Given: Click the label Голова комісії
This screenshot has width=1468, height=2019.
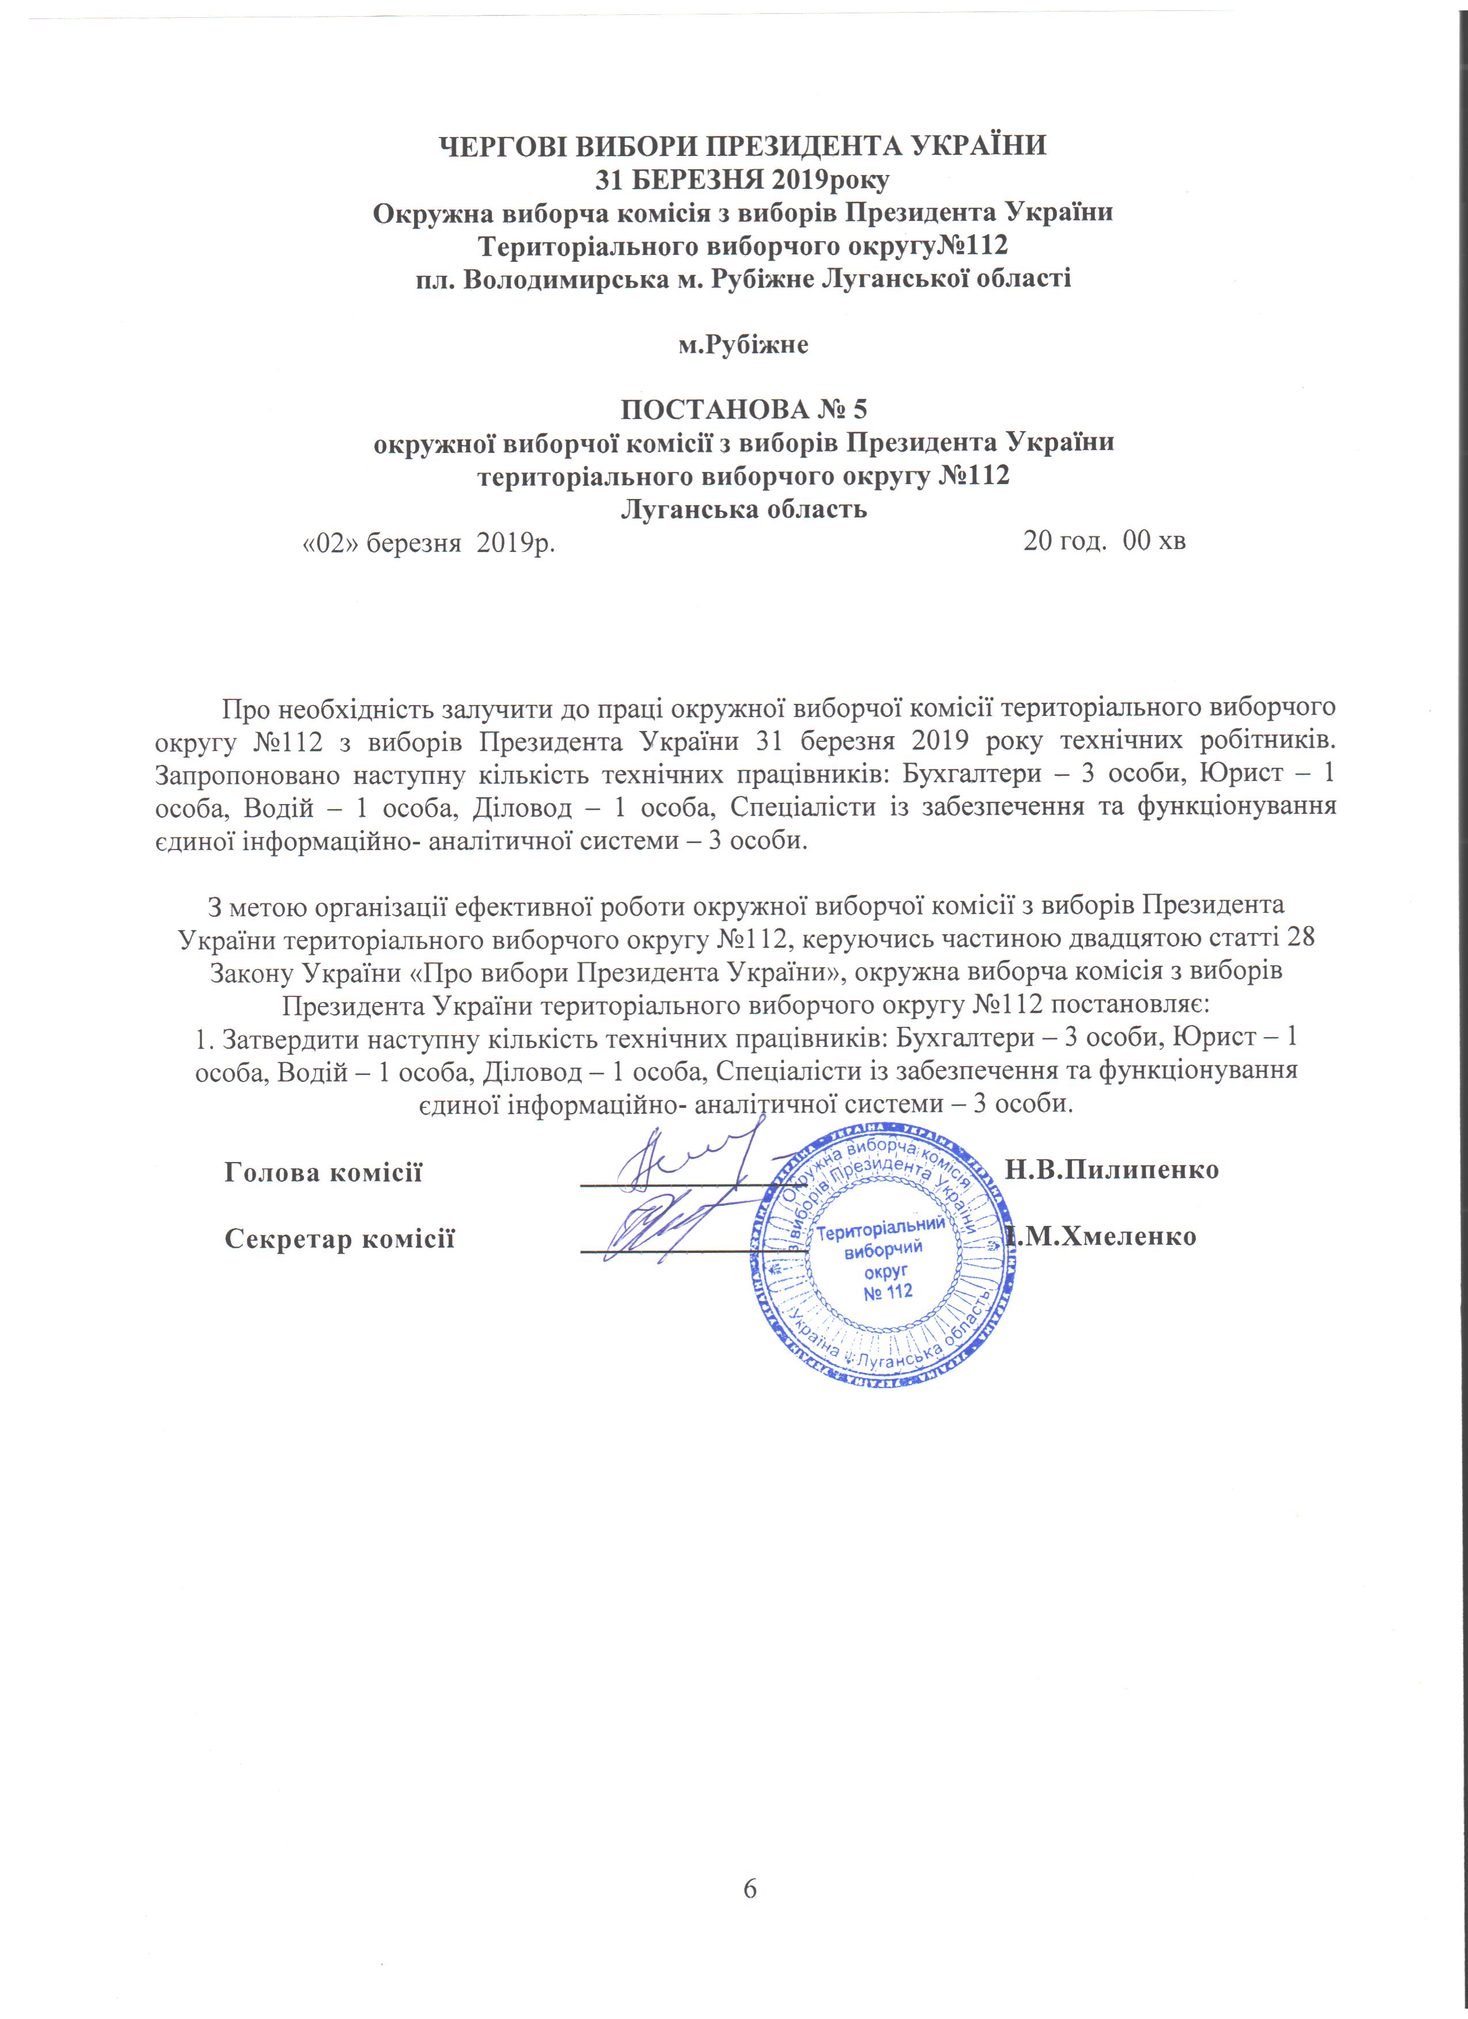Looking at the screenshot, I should point(323,1172).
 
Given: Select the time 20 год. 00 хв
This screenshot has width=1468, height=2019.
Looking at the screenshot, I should point(1104,540).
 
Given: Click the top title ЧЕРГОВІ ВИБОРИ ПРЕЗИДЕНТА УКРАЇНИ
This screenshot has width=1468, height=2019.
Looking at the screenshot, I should point(744,145).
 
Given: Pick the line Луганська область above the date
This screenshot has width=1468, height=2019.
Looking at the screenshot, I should point(743,510).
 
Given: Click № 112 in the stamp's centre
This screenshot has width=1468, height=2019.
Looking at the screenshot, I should point(888,1291).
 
